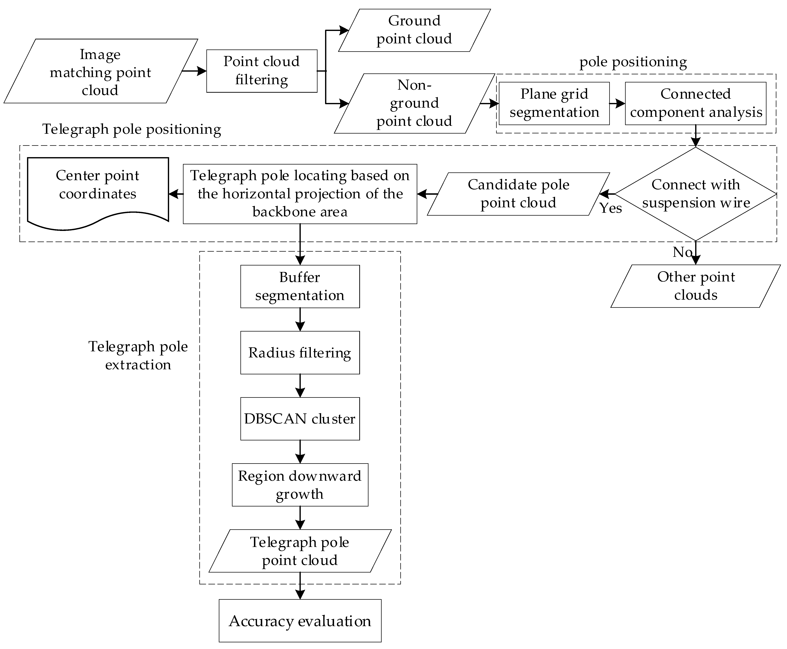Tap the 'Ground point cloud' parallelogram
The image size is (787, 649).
[x=414, y=30]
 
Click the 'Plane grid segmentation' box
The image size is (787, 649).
[x=554, y=103]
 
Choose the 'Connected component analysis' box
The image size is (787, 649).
[x=695, y=103]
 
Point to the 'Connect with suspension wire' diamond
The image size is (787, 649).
[x=695, y=194]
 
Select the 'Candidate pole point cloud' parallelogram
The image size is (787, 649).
[x=518, y=194]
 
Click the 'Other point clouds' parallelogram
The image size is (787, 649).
[x=695, y=286]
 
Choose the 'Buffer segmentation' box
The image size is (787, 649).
[x=300, y=286]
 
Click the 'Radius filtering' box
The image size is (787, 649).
[x=300, y=353]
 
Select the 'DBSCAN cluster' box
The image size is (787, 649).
[x=300, y=419]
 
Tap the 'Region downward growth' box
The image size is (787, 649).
[x=300, y=485]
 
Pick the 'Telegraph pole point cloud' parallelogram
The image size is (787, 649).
[x=300, y=551]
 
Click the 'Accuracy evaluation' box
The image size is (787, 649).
[x=300, y=621]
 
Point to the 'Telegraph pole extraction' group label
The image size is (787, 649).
[x=138, y=355]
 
